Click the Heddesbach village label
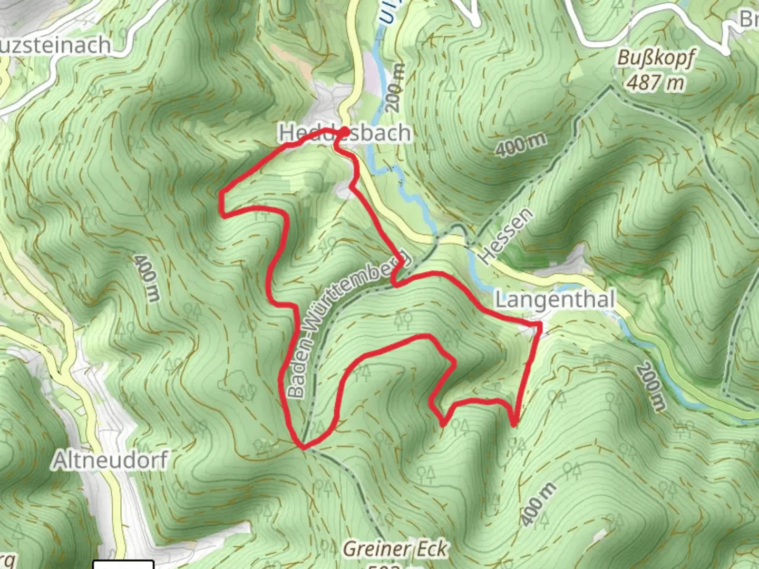tap(345, 133)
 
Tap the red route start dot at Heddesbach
tap(344, 131)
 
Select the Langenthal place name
tap(555, 300)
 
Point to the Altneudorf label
tap(110, 460)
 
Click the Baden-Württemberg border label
tap(348, 321)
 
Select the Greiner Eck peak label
tap(395, 549)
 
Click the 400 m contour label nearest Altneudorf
tap(146, 278)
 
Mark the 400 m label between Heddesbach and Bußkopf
tap(520, 143)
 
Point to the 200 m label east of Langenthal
tap(650, 387)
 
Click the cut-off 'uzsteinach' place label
tap(55, 45)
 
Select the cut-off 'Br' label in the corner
tap(748, 19)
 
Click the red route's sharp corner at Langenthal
tap(540, 323)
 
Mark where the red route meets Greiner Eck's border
tap(303, 447)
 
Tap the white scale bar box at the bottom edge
tap(123, 564)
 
